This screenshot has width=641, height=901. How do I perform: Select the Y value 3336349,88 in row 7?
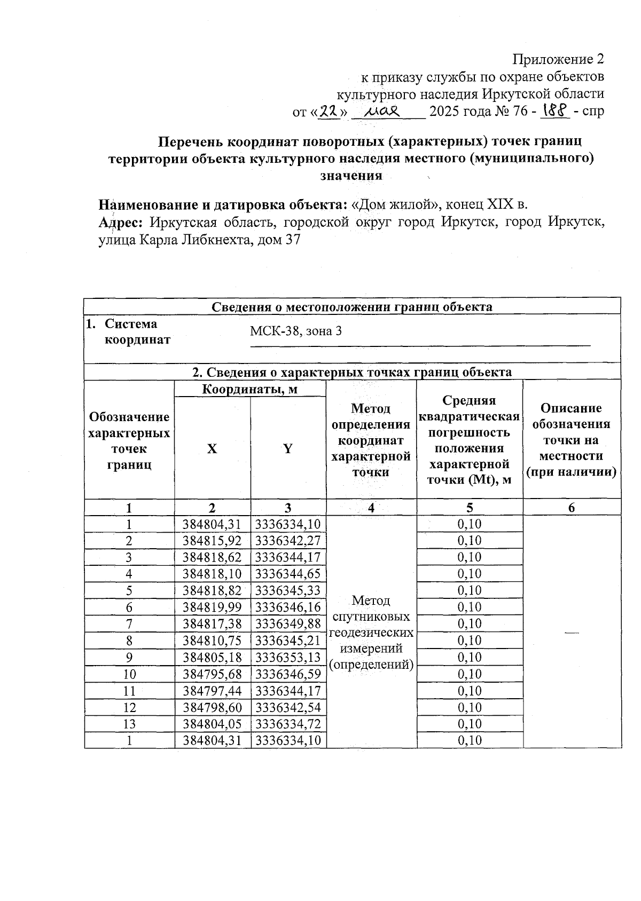288,623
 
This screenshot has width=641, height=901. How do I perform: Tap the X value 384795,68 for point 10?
212,674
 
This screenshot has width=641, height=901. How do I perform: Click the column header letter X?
212,449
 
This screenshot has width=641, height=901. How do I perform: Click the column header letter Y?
288,449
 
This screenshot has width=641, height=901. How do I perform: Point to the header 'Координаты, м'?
249,389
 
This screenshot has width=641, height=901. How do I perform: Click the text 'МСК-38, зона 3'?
296,331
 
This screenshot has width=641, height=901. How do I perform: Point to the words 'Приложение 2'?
558,59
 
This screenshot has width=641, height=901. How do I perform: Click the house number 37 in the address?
293,240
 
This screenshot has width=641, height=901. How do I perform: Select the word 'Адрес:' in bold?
121,222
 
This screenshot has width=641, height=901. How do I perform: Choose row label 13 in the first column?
129,724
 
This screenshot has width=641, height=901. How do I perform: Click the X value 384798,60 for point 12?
212,708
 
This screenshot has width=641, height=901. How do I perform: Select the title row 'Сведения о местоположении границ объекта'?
352,307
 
